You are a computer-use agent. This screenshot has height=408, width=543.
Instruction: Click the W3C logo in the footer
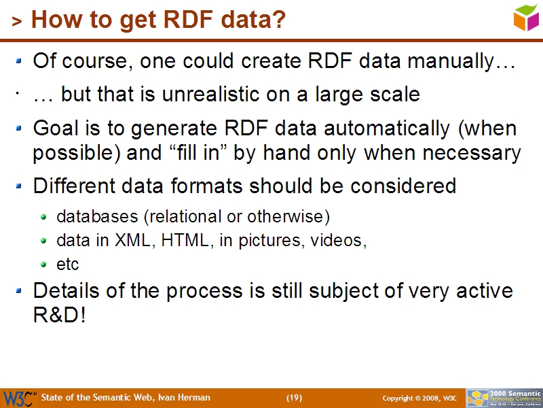click(x=19, y=398)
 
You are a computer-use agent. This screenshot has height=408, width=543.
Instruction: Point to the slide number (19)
click(x=294, y=398)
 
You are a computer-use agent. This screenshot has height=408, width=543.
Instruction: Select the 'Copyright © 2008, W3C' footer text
click(x=419, y=398)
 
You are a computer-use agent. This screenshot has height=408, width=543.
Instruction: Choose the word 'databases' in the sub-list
click(x=97, y=217)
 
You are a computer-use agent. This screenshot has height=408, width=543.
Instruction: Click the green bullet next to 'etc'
click(x=44, y=264)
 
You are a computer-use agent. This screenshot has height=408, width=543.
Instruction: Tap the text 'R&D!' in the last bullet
click(x=60, y=316)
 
